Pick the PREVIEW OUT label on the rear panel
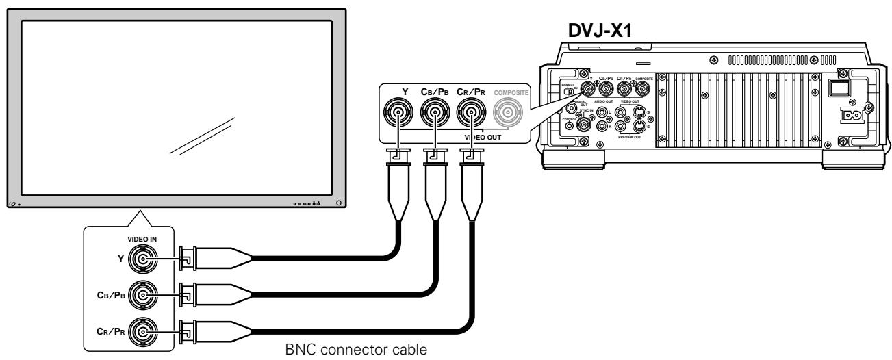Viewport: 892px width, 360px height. [x=629, y=136]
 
